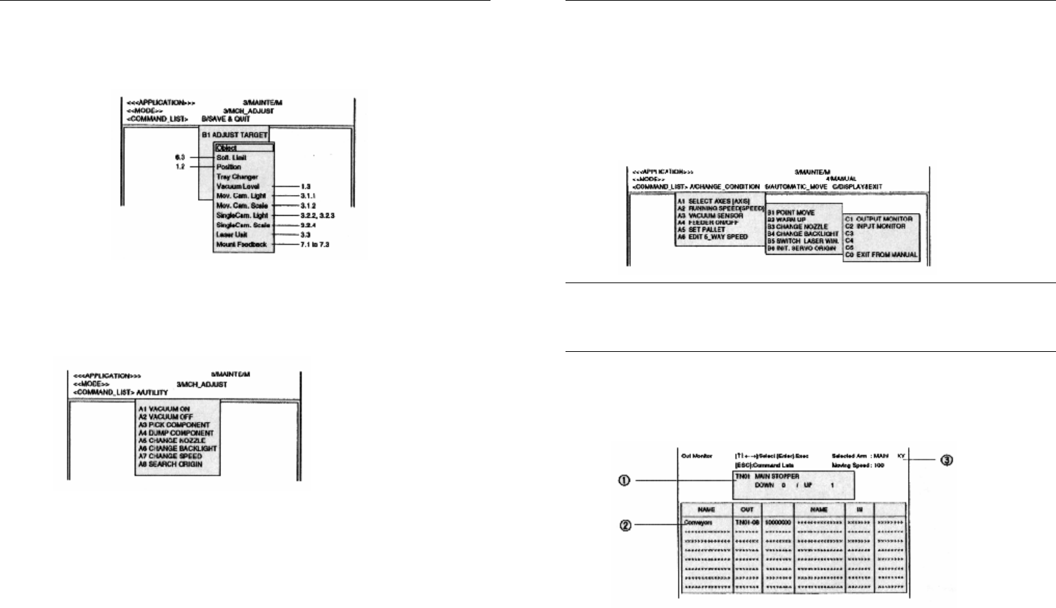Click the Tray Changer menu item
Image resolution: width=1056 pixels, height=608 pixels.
tap(236, 177)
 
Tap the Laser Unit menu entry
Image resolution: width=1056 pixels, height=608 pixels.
tap(231, 235)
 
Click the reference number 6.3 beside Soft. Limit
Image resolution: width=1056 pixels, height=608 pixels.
tap(181, 158)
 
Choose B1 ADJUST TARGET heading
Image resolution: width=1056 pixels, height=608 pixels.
tap(233, 135)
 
